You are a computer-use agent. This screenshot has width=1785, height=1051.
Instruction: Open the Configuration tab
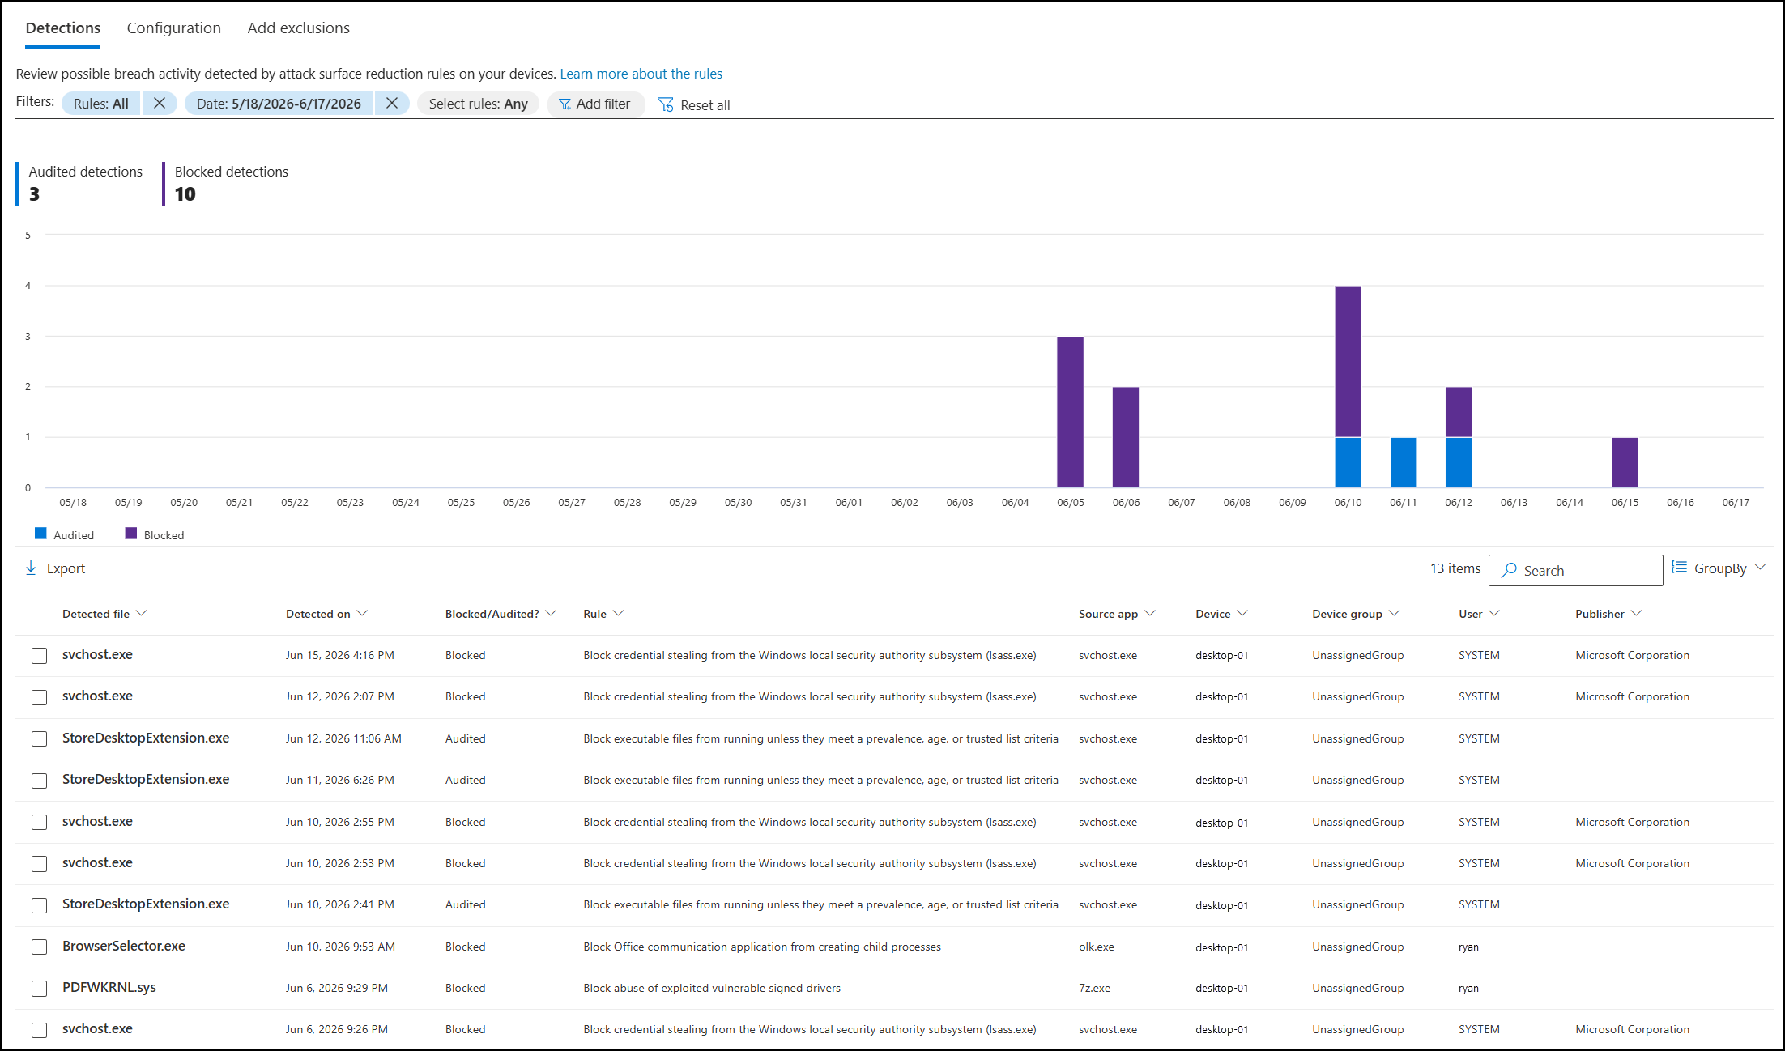(x=173, y=28)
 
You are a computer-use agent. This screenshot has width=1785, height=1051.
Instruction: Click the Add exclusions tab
(x=298, y=28)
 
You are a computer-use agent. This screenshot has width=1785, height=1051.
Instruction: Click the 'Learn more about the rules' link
(x=641, y=74)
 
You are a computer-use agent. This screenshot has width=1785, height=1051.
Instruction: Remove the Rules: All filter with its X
(x=160, y=103)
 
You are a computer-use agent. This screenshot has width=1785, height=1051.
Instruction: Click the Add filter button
(x=595, y=104)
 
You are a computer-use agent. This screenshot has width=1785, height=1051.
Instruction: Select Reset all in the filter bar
(x=694, y=104)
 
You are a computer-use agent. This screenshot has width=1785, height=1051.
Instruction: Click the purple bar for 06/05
(x=1070, y=412)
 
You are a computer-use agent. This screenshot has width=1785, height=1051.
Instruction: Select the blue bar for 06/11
(x=1404, y=462)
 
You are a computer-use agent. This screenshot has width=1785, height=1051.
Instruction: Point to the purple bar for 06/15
(x=1625, y=462)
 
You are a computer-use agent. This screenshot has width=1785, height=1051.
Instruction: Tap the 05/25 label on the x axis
(x=461, y=503)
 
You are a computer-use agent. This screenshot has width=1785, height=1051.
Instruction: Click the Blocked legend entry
(x=155, y=534)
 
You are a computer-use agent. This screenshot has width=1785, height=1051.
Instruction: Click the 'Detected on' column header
(x=318, y=614)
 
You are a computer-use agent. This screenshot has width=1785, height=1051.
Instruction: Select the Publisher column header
(x=1600, y=614)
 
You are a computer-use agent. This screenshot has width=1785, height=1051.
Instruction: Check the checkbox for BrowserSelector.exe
(x=39, y=947)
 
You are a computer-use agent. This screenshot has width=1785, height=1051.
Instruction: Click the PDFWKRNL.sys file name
(x=109, y=987)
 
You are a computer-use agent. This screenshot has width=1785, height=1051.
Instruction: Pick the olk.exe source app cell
(x=1097, y=947)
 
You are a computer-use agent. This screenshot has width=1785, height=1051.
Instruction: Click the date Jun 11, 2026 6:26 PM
(x=340, y=780)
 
